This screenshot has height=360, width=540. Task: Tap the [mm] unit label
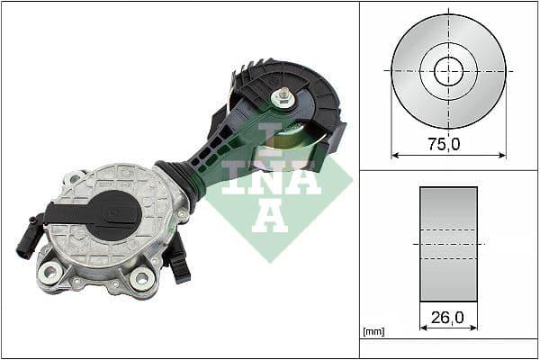pyautogui.click(x=372, y=331)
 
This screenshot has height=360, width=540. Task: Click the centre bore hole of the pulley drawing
pyautogui.click(x=448, y=70)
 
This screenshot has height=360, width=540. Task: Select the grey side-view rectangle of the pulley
pyautogui.click(x=448, y=244)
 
